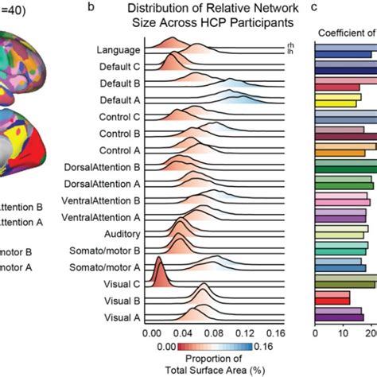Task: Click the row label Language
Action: pos(119,50)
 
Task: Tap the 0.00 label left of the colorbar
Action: pos(167,347)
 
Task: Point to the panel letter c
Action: pos(314,7)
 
